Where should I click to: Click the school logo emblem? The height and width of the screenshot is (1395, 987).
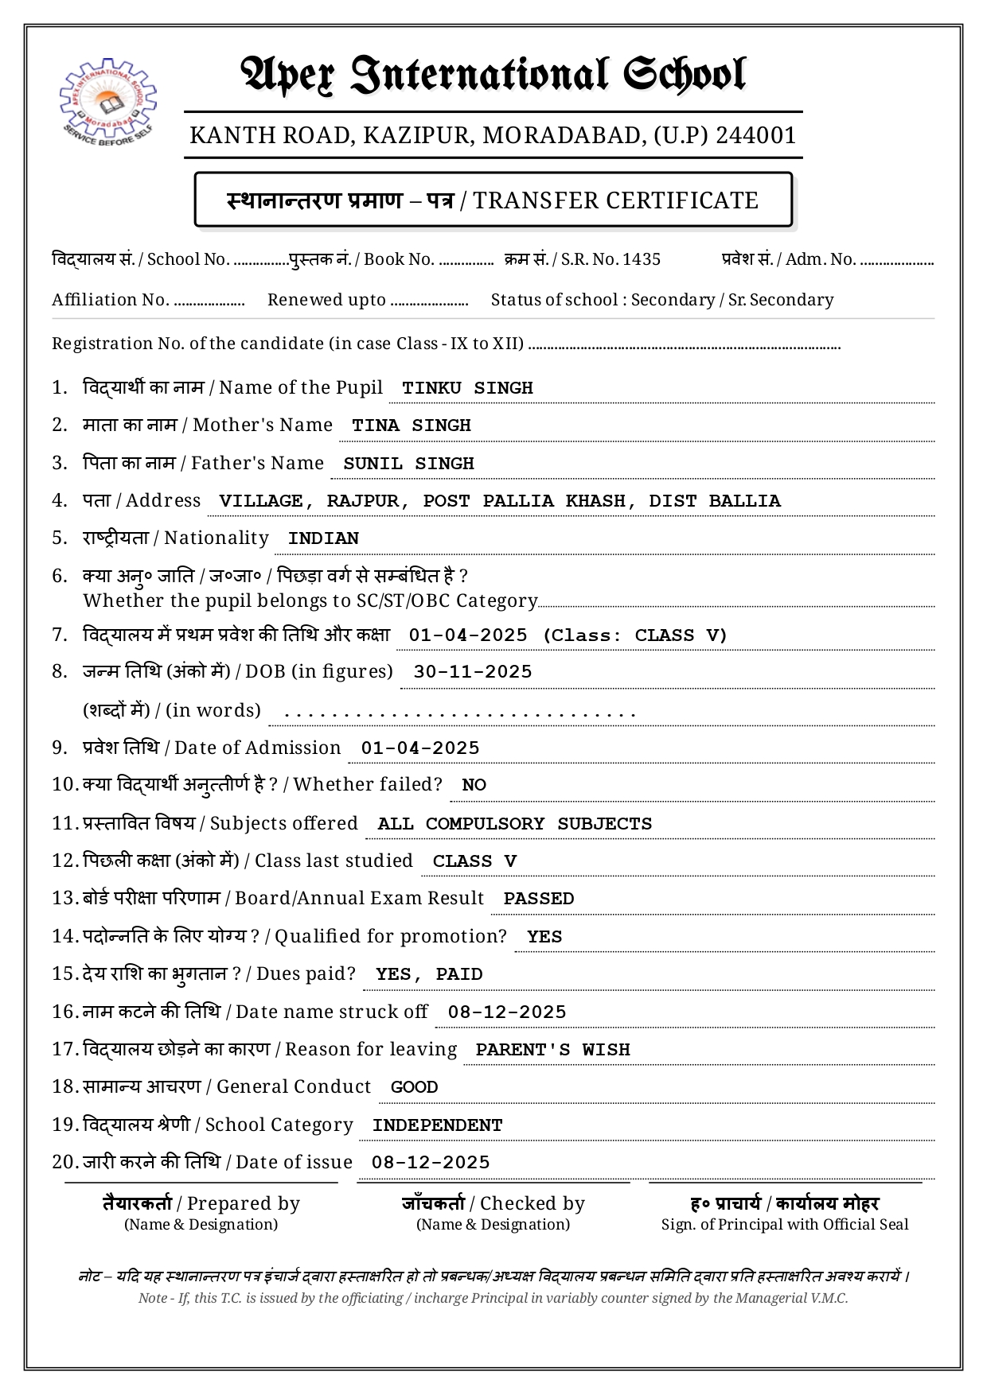(x=107, y=101)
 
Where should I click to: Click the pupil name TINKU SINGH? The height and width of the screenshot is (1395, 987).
(x=467, y=388)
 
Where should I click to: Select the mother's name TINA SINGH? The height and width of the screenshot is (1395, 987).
(x=412, y=425)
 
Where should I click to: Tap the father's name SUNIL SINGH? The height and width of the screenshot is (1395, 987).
(x=408, y=464)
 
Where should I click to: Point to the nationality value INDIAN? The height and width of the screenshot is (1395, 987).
(x=323, y=538)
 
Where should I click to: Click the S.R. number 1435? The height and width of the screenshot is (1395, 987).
(x=642, y=259)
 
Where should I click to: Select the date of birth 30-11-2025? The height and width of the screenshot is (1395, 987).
(x=473, y=672)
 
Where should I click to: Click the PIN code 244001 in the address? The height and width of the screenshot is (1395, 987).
(x=756, y=135)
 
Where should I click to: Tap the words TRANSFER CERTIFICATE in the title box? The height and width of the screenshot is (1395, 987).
(x=615, y=200)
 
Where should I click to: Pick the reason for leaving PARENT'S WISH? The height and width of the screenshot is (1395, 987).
(x=552, y=1050)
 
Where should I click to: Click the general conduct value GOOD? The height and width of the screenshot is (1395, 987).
(x=414, y=1087)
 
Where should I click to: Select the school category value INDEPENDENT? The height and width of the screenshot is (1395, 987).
(x=437, y=1125)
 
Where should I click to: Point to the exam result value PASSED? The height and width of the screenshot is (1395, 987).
(x=539, y=899)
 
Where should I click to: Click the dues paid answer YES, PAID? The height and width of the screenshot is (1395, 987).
(x=429, y=974)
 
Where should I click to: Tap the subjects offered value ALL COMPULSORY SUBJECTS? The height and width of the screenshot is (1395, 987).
(x=515, y=824)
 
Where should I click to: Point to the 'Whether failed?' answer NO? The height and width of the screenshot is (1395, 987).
(x=474, y=785)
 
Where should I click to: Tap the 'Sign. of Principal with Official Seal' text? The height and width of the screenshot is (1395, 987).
(x=785, y=1225)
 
